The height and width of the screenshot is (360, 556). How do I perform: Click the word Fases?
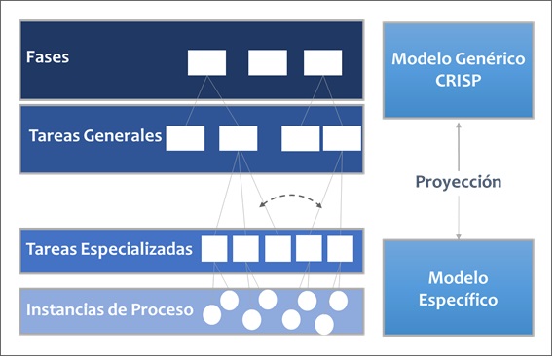pos(48,56)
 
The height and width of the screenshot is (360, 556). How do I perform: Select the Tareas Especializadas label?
pos(110,249)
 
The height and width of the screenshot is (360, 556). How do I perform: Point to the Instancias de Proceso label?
pos(110,311)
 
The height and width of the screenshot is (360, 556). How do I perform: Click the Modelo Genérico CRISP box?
pos(458,70)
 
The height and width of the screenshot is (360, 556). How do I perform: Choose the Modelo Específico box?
pos(458,288)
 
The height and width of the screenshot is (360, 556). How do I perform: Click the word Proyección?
pos(458,182)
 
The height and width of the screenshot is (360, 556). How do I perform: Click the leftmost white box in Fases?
pos(206,62)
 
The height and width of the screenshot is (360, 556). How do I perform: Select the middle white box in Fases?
pos(267,62)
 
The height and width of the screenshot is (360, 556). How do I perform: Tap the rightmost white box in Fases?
pos(322,62)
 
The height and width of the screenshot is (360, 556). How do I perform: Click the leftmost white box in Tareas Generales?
pos(185,138)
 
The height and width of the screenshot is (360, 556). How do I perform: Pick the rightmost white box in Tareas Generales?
pos(341,138)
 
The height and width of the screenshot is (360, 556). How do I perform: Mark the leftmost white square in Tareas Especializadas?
pos(215,249)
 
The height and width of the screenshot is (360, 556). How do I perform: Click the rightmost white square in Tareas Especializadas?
pos(340,249)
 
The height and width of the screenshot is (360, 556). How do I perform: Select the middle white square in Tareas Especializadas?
pos(278,249)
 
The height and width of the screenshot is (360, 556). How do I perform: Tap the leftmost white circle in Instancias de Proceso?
pos(211,312)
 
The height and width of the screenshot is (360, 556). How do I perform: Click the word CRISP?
pos(458,80)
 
